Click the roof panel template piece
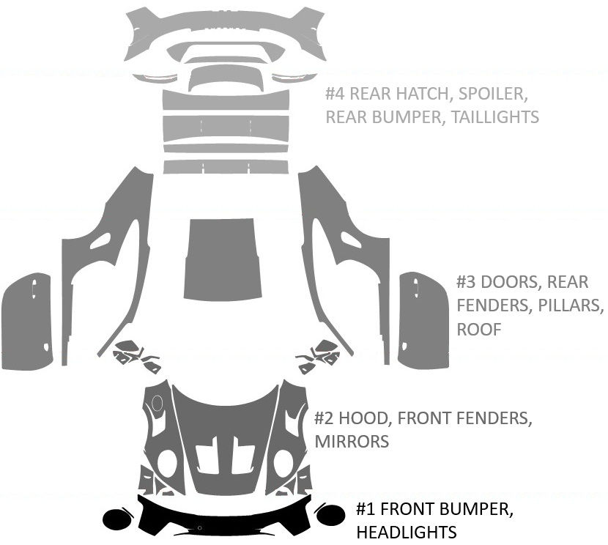pyautogui.click(x=223, y=260)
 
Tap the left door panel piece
pyautogui.click(x=28, y=322)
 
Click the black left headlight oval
pyautogui.click(x=116, y=519)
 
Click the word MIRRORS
pyautogui.click(x=352, y=442)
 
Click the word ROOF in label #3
pyautogui.click(x=479, y=330)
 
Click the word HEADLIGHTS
pyautogui.click(x=406, y=532)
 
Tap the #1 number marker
pyautogui.click(x=366, y=509)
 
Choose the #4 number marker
pyautogui.click(x=335, y=94)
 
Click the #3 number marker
pyautogui.click(x=467, y=282)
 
